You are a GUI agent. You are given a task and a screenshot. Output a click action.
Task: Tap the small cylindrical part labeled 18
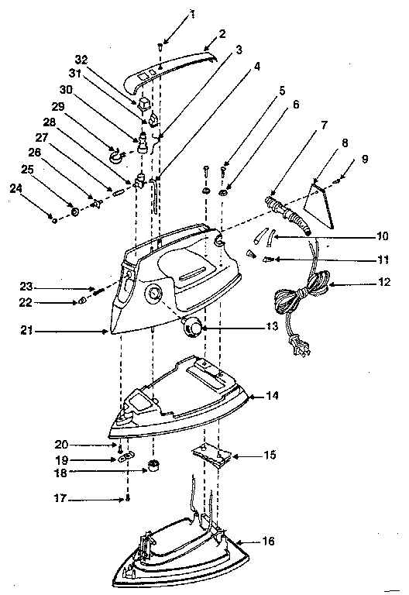[153, 466]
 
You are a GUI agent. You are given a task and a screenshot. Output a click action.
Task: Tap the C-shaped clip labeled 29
[117, 158]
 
